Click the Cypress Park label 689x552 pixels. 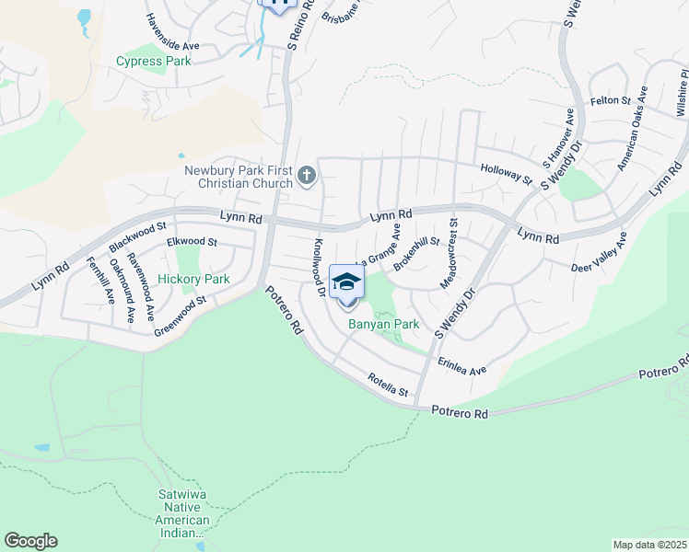click(x=154, y=62)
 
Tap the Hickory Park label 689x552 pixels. click(x=193, y=279)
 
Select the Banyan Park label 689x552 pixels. click(x=383, y=324)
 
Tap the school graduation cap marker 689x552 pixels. click(x=346, y=282)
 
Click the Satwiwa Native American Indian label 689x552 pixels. click(x=184, y=520)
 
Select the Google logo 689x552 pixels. click(x=30, y=541)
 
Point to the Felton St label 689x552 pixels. click(x=609, y=100)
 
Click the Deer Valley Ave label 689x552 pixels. click(x=600, y=253)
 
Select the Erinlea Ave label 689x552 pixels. click(x=461, y=366)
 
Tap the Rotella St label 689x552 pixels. click(x=388, y=385)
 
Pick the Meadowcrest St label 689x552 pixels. click(x=450, y=253)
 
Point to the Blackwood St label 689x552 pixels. click(x=137, y=236)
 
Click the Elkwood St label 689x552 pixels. click(x=191, y=242)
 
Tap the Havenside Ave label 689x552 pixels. click(x=172, y=31)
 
